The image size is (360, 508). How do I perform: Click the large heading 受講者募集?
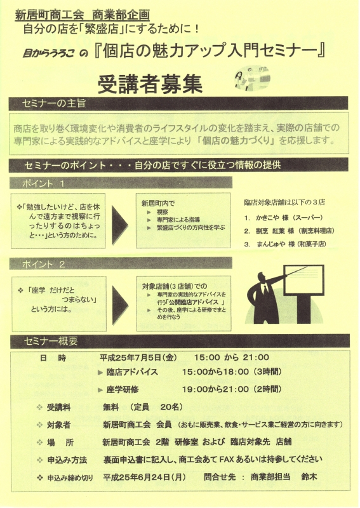(150, 84)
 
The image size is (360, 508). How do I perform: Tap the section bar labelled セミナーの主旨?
(178, 104)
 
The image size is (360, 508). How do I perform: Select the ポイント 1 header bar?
(121, 183)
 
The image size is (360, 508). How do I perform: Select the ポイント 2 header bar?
(121, 264)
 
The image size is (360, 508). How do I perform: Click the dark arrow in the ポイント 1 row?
(119, 225)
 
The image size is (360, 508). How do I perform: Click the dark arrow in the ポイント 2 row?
(119, 305)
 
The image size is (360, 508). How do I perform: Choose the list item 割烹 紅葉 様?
(275, 231)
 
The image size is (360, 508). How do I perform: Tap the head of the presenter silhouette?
(262, 278)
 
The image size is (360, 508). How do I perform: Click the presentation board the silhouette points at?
(303, 280)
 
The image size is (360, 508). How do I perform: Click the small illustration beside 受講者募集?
(253, 78)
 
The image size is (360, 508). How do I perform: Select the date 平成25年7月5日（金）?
(138, 358)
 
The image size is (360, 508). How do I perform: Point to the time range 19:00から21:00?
(215, 389)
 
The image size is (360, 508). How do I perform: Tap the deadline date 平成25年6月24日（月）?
(145, 477)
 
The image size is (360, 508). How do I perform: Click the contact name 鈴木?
(309, 477)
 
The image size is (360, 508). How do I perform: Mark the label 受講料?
(58, 407)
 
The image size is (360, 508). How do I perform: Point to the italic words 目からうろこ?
(49, 53)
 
